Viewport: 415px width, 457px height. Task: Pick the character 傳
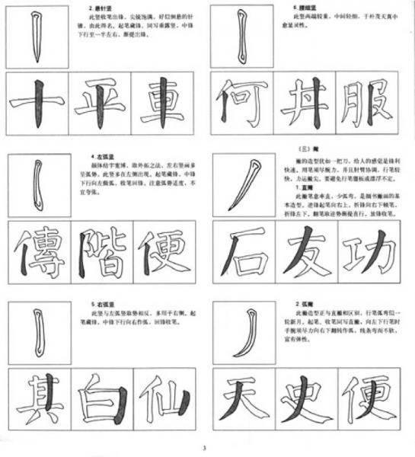coord(37,253)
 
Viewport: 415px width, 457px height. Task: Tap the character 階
coord(98,253)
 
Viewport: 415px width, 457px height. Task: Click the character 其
coord(37,400)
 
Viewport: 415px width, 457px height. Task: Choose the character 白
coord(98,400)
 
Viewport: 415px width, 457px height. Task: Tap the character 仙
coord(162,400)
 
